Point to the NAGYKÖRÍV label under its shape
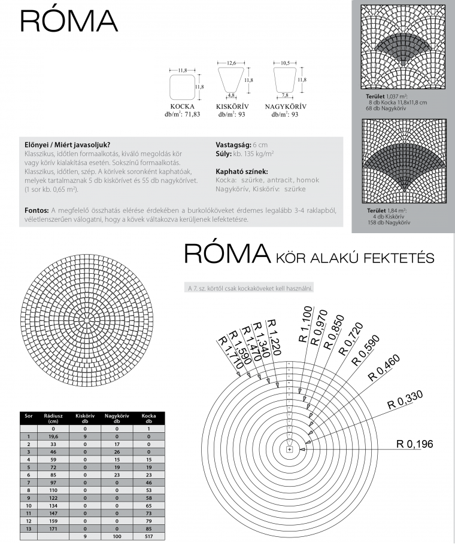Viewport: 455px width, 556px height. [284, 106]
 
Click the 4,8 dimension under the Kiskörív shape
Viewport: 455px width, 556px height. [230, 94]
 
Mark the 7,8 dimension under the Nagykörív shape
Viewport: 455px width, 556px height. [284, 94]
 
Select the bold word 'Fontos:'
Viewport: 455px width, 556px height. [37, 210]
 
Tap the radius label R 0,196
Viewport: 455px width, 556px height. [414, 444]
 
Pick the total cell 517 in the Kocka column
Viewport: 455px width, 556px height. [148, 536]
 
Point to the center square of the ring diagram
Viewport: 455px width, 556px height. [290, 449]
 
